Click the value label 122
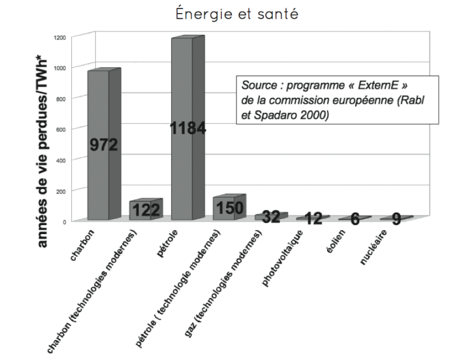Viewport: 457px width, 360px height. (x=146, y=210)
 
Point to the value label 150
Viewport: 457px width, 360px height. (x=228, y=207)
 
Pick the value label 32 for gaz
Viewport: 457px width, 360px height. (x=271, y=217)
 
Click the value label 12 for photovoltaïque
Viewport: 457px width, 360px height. (x=313, y=218)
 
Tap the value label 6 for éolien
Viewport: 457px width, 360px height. (x=355, y=218)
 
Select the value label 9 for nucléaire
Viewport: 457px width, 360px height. (x=396, y=218)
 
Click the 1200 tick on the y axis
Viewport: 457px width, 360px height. (x=60, y=37)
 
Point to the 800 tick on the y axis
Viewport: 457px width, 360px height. (x=61, y=98)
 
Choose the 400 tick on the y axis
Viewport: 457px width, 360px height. (x=61, y=160)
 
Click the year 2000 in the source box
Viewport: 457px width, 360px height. (x=311, y=115)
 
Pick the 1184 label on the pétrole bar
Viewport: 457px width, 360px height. (x=188, y=129)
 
